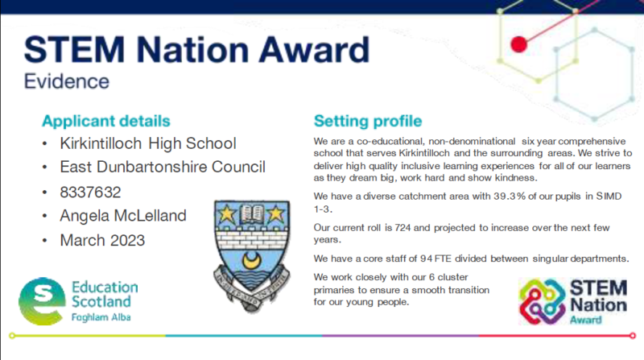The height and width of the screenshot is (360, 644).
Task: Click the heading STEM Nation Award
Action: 196,50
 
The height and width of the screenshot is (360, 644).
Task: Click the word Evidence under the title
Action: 67,82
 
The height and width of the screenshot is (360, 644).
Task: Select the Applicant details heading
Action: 106,122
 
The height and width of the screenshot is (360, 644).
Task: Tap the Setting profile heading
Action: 367,122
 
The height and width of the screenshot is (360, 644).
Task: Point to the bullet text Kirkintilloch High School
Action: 148,144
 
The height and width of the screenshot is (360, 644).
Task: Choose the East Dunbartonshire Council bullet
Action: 163,168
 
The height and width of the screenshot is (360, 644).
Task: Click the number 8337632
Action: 93,192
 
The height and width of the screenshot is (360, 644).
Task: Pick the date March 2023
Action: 103,241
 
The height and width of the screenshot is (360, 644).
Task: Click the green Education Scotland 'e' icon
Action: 41,300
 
